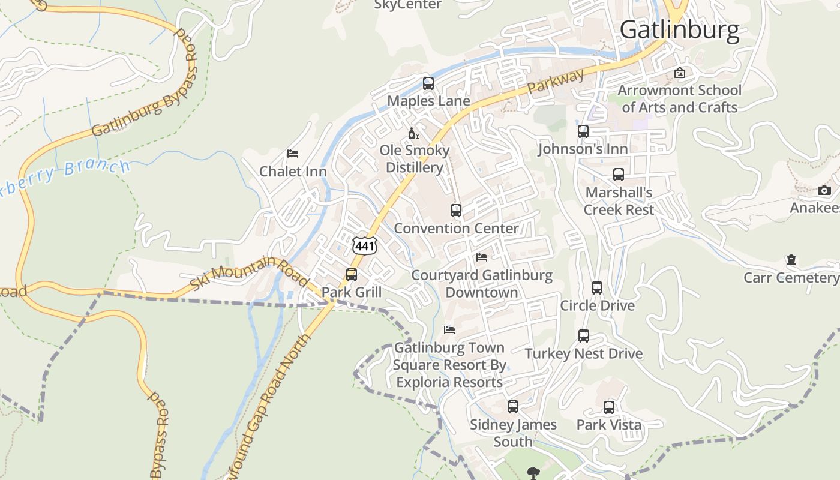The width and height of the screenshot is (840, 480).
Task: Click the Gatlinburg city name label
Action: pos(679,30)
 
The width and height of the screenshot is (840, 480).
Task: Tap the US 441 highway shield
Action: pos(365,245)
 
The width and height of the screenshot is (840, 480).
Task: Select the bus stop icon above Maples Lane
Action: pos(428,83)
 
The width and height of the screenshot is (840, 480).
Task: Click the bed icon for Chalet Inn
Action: pos(293,154)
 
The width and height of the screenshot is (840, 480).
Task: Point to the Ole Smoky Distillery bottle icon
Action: pos(413,133)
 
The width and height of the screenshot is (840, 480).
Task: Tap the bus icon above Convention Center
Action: pos(456,211)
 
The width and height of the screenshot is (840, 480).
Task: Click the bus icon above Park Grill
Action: pos(352,275)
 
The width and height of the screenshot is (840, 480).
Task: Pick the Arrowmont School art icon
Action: pos(679,73)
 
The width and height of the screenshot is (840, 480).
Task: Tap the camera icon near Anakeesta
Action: pos(824,191)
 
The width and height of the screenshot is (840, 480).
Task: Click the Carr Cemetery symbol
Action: pos(791,260)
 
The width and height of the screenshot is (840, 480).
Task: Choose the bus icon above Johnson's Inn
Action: pos(583,131)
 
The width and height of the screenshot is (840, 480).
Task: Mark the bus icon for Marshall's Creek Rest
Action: pos(619,175)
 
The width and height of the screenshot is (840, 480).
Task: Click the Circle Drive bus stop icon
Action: pos(596,288)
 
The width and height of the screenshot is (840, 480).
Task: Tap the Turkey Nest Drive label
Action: pos(584,353)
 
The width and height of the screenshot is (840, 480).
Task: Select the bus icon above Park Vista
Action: pos(609,407)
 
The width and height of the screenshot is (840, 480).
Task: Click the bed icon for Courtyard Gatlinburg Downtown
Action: pos(481,258)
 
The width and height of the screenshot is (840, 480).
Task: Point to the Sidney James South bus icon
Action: pos(512,407)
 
